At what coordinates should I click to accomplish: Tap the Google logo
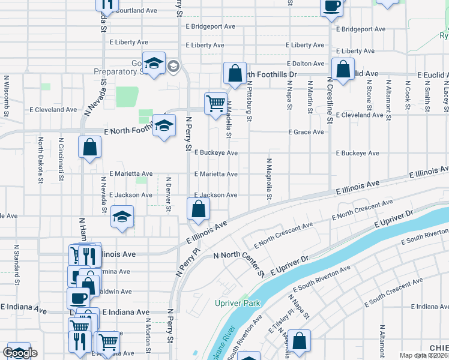tap(20, 353)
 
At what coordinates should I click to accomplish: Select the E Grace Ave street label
tap(306, 132)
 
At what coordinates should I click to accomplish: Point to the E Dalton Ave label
tap(306, 63)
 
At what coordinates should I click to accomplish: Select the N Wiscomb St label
tap(7, 94)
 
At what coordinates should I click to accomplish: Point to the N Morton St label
tap(147, 334)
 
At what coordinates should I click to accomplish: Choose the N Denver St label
tap(169, 193)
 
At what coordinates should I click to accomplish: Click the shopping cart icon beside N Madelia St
tap(215, 103)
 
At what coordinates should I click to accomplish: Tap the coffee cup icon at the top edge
tap(331, 7)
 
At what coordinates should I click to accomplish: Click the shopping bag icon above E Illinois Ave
tap(198, 209)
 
